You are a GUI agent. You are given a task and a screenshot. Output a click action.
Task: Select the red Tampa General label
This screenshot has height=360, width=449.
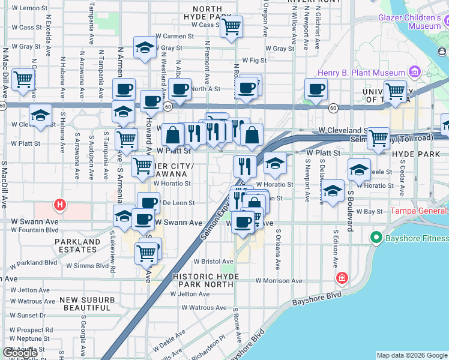[419, 211]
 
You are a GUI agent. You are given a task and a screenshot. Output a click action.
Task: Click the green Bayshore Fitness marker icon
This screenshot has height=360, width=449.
[376, 238]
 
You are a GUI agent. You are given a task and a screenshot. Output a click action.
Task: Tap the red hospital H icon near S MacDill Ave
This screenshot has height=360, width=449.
[59, 205]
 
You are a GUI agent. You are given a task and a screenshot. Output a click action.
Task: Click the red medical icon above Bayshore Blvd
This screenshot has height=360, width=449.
[342, 278]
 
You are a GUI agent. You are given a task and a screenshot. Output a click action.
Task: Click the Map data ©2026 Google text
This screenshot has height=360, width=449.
[412, 355]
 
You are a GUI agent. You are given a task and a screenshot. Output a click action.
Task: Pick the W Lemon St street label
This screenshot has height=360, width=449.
[26, 8]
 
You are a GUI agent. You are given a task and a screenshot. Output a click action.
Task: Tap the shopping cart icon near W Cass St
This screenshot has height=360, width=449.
[231, 26]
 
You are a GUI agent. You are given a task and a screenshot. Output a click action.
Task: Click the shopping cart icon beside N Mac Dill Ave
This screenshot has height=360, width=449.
[23, 79]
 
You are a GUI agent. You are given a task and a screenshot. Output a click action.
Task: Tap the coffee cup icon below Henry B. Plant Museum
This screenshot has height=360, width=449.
[316, 89]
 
